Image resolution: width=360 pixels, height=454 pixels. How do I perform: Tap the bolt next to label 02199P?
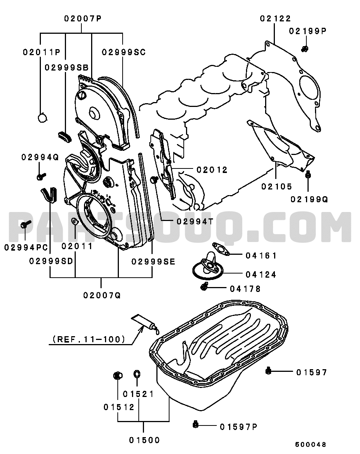tap(305, 48)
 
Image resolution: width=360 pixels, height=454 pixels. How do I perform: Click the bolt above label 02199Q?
tap(308, 174)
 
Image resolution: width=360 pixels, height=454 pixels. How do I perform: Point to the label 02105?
tap(277, 186)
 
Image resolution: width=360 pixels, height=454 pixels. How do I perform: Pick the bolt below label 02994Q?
tap(40, 176)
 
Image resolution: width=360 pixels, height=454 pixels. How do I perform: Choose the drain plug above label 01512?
tap(117, 375)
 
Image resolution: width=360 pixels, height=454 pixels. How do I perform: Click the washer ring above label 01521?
tap(137, 374)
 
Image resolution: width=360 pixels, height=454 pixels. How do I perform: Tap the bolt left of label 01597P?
tap(195, 425)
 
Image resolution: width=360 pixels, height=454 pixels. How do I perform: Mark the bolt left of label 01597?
tap(268, 371)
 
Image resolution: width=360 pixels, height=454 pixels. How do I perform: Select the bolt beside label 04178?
tap(204, 287)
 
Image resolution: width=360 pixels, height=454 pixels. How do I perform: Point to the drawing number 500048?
tap(310, 444)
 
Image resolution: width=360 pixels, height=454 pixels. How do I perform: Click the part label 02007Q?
tap(102, 295)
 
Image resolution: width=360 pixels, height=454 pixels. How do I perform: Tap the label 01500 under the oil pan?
tap(144, 440)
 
